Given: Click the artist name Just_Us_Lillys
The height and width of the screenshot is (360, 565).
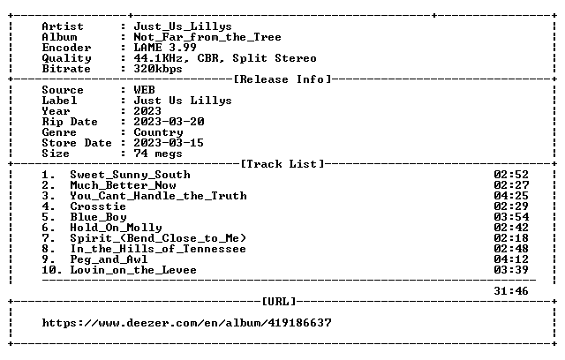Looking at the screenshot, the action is click(x=183, y=26).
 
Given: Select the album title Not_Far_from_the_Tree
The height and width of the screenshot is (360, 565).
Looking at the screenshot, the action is click(x=207, y=37).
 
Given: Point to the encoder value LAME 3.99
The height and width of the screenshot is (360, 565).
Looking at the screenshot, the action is click(x=165, y=48).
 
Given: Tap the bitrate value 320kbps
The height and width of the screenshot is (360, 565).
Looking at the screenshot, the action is click(x=158, y=69).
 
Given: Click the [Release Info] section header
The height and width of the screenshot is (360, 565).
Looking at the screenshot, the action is click(x=282, y=79).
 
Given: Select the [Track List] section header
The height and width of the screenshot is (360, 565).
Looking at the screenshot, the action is click(x=282, y=164).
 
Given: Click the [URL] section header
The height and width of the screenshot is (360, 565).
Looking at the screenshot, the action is click(x=279, y=301).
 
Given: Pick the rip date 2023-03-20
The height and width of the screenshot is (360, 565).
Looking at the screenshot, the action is click(x=169, y=122).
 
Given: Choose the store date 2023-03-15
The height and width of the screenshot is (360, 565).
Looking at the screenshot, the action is click(x=169, y=143).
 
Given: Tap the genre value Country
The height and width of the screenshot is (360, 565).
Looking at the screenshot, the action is click(x=158, y=132).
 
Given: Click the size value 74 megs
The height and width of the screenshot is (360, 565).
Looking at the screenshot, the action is click(x=158, y=154).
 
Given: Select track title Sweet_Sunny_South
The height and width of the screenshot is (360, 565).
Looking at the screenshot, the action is click(x=130, y=175).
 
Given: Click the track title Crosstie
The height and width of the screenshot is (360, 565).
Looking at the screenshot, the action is click(x=98, y=206).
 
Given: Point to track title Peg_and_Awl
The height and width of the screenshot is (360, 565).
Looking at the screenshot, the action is click(x=109, y=259).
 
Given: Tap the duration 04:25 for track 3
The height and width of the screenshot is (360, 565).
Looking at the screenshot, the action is click(x=511, y=196).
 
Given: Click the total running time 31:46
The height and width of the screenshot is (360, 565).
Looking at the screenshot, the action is click(x=511, y=291).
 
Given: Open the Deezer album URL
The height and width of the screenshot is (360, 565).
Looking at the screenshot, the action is click(x=186, y=323).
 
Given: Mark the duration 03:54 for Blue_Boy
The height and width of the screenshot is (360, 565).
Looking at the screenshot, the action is click(x=511, y=217).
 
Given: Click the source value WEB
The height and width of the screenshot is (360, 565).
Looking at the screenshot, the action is click(x=144, y=90).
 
